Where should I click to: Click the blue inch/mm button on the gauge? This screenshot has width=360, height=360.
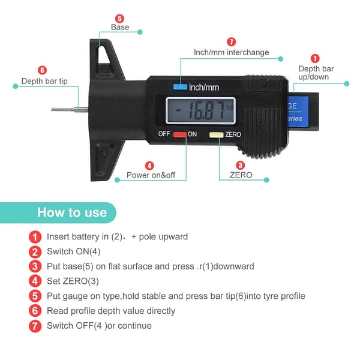click(x=180, y=87)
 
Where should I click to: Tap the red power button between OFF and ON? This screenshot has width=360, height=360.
click(x=180, y=134)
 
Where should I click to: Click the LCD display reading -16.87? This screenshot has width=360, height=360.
click(x=200, y=110)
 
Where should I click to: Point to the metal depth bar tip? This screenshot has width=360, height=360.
click(x=70, y=110)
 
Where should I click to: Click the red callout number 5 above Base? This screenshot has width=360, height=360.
click(x=119, y=19)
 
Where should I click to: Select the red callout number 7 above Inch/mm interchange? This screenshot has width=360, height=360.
click(x=231, y=42)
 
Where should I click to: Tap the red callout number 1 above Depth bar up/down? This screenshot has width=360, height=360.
click(x=315, y=58)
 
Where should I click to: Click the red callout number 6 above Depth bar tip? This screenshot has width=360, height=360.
click(x=42, y=70)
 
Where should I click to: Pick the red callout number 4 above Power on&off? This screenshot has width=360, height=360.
click(x=149, y=166)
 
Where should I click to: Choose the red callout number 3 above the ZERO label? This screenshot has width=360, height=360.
click(x=241, y=166)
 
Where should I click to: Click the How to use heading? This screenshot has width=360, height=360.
click(x=72, y=212)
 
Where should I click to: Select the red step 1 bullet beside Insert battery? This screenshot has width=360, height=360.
click(x=35, y=237)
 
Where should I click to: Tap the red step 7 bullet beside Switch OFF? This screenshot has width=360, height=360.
click(x=35, y=326)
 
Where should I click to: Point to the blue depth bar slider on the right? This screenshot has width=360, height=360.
click(x=298, y=112)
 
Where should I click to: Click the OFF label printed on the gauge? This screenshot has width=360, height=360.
click(x=164, y=134)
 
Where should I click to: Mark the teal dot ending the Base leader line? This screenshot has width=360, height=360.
click(x=140, y=32)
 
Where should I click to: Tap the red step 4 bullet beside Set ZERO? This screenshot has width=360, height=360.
click(x=35, y=281)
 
